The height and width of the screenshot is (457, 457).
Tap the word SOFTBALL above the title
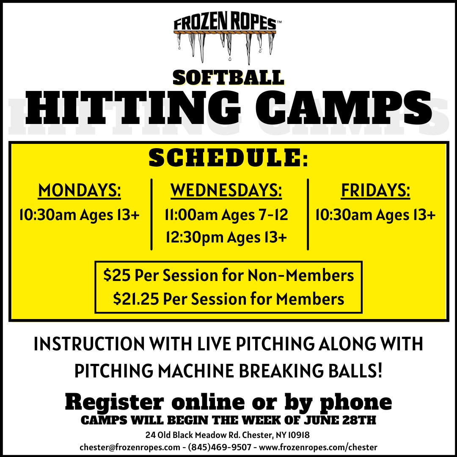tap(228, 78)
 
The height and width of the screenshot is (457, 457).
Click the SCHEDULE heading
tap(228, 158)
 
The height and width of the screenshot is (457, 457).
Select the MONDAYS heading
tap(79, 190)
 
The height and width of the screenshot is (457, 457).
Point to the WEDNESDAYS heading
tap(226, 190)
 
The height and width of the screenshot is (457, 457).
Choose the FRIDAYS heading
tap(375, 190)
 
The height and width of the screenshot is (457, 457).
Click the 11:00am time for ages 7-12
tap(191, 215)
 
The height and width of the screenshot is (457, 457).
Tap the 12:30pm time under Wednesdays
tap(194, 237)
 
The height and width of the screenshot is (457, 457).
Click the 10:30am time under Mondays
tap(47, 215)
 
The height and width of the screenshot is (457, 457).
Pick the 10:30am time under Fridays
tap(344, 215)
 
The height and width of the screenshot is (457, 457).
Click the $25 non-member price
tap(117, 275)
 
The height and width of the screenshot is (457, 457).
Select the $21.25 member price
tap(136, 299)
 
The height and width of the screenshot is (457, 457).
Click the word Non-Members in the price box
tap(300, 275)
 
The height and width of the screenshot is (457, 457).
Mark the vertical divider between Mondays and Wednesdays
tap(151, 215)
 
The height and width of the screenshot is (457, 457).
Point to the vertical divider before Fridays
tap(308, 215)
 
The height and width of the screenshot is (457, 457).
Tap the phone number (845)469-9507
tap(220, 447)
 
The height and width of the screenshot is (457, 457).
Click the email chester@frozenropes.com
tap(130, 447)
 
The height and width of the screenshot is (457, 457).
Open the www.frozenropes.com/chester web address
tap(318, 447)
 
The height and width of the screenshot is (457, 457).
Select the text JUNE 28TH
tap(340, 421)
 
